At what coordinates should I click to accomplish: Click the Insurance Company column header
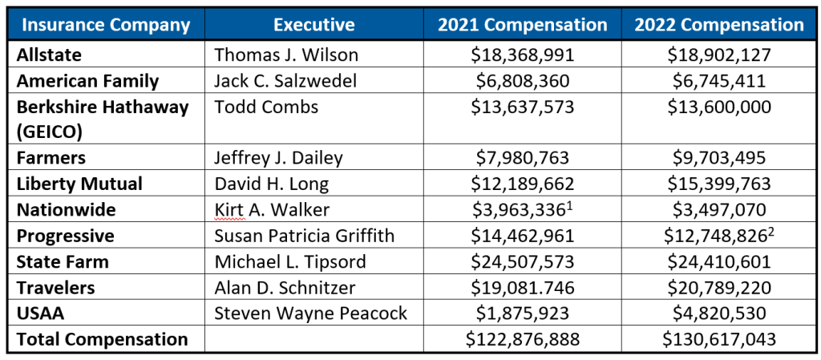[x=106, y=25]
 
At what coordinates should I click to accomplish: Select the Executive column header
[x=313, y=25]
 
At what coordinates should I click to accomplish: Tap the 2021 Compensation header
[x=522, y=25]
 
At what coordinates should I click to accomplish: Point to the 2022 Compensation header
[x=719, y=25]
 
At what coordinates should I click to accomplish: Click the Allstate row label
[x=49, y=55]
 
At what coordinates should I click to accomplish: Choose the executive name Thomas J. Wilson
[x=285, y=55]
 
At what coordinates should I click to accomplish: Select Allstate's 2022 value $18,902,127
[x=719, y=55]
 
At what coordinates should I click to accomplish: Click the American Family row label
[x=87, y=81]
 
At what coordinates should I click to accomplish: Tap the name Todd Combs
[x=266, y=107]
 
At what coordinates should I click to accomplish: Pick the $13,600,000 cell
[x=719, y=107]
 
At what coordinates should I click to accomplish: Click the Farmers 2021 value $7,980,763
[x=522, y=158]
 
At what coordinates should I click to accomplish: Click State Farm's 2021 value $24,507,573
[x=522, y=261]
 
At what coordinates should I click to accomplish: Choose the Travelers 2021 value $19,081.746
[x=522, y=287]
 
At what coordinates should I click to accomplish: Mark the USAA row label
[x=39, y=313]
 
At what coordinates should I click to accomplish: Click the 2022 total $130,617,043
[x=719, y=339]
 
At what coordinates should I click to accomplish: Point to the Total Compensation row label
[x=102, y=339]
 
